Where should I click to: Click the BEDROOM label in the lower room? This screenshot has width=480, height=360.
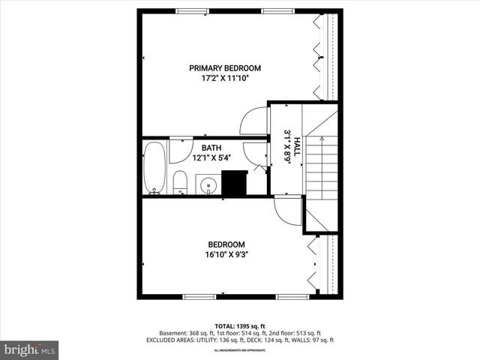(226, 244)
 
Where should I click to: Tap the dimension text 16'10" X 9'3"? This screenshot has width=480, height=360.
(226, 254)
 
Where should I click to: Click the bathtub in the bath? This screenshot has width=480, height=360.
(154, 166)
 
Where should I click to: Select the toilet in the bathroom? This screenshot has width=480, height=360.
(180, 182)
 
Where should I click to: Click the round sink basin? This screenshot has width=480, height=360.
(208, 184)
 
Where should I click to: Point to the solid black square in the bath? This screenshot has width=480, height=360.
(234, 184)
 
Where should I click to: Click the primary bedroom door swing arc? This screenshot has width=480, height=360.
(253, 122)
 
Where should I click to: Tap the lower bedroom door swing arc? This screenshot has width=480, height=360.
(286, 210)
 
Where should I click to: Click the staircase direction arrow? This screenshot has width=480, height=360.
(316, 139)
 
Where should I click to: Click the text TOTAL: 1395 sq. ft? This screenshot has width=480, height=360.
(239, 325)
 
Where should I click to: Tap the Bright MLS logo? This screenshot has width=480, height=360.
(30, 349)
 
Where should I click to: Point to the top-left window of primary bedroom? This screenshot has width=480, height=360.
(191, 10)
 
